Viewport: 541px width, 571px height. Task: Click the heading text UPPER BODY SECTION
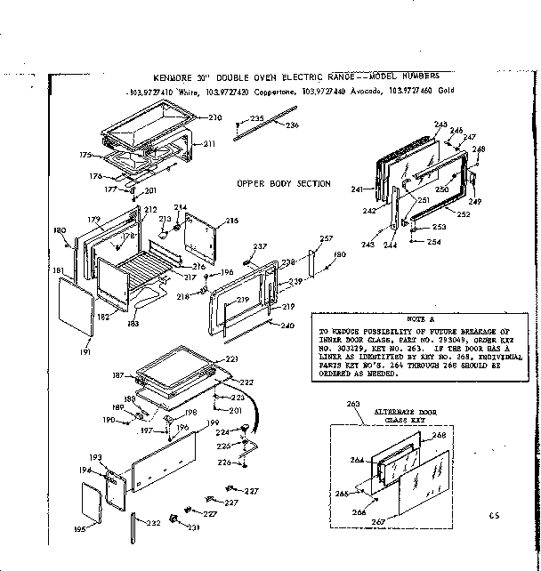tap(283, 184)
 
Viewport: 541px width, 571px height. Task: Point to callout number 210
tap(214, 117)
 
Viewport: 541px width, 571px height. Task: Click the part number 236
tap(291, 125)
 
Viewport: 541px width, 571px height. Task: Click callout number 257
tap(326, 239)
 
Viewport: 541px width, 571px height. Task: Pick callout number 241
tap(358, 189)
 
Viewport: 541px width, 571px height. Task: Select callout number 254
tap(433, 242)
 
